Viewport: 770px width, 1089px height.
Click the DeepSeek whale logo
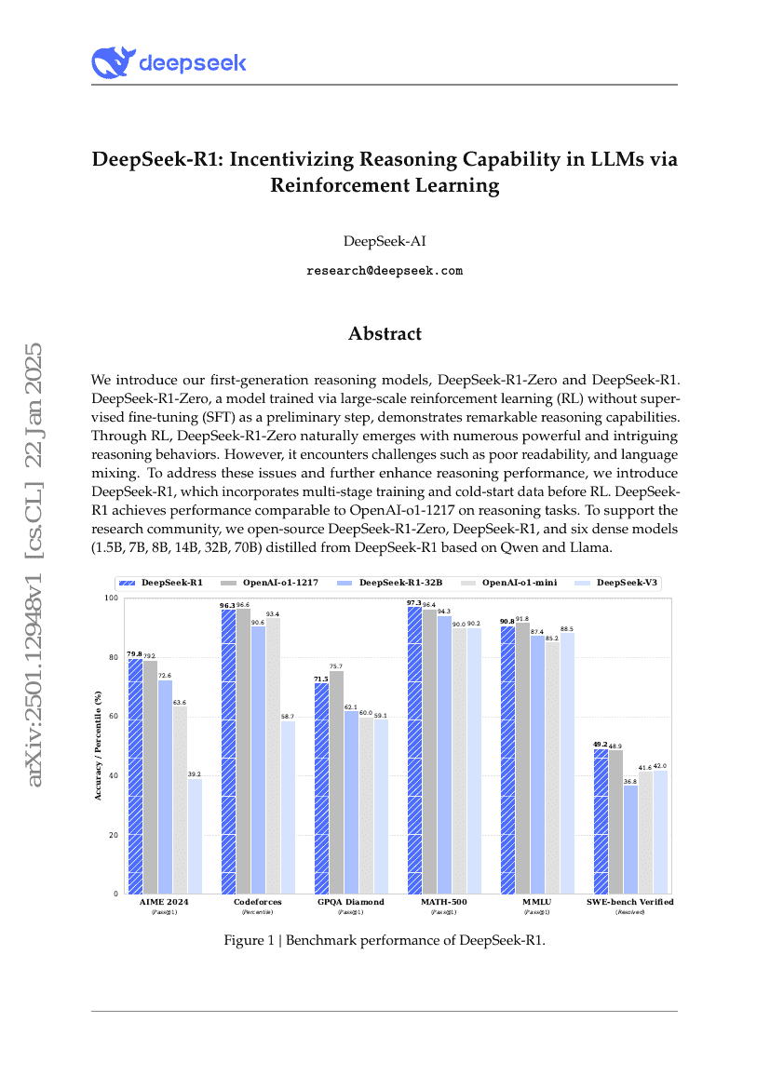pyautogui.click(x=113, y=62)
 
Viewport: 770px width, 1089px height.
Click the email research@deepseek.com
pyautogui.click(x=385, y=271)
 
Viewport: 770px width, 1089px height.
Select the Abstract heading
pyautogui.click(x=385, y=333)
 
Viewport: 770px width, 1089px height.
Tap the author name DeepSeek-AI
pyautogui.click(x=385, y=241)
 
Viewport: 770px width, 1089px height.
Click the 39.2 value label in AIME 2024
pyautogui.click(x=195, y=773)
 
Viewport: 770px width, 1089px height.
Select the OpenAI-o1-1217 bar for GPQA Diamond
pyautogui.click(x=336, y=782)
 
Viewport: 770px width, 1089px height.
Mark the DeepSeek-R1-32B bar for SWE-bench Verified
pyautogui.click(x=630, y=839)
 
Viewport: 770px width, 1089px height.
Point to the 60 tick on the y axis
pyautogui.click(x=115, y=717)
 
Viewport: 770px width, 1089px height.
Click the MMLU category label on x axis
pyautogui.click(x=537, y=902)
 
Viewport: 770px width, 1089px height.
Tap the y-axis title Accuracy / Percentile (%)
pyautogui.click(x=98, y=745)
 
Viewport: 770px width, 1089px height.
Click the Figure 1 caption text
pyautogui.click(x=385, y=940)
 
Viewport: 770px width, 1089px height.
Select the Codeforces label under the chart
pyautogui.click(x=258, y=902)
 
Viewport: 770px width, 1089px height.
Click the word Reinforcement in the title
pyautogui.click(x=332, y=185)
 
